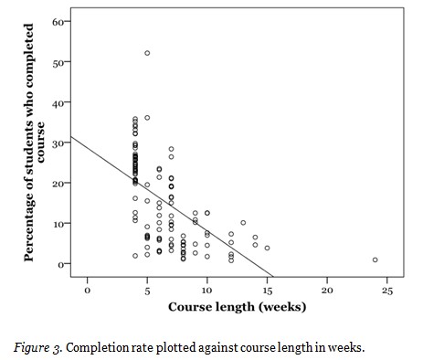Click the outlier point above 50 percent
pyautogui.click(x=147, y=53)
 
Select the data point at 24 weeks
pyautogui.click(x=375, y=259)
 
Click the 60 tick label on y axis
pyautogui.click(x=57, y=21)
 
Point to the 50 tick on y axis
pyautogui.click(x=57, y=62)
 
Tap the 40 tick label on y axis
pyautogui.click(x=57, y=102)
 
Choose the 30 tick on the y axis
pyautogui.click(x=57, y=143)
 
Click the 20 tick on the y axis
pyautogui.click(x=57, y=183)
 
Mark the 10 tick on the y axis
pyautogui.click(x=57, y=223)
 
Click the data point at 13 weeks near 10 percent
pyautogui.click(x=243, y=223)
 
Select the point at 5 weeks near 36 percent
pyautogui.click(x=147, y=118)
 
